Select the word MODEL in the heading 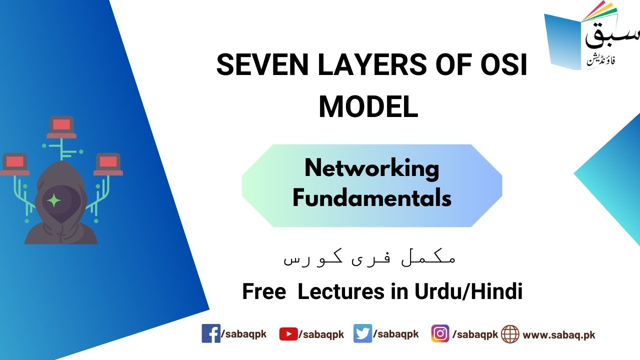[368, 106]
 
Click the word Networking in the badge [371, 169]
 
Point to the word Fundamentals [371, 198]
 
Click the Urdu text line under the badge [369, 258]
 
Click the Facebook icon [210, 333]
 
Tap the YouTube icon [288, 334]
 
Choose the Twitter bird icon [362, 333]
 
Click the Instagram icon [440, 333]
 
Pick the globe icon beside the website [510, 334]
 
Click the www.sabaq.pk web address [558, 335]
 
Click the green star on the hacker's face [53, 200]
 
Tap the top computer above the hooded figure [61, 126]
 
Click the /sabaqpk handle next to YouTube [321, 335]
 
